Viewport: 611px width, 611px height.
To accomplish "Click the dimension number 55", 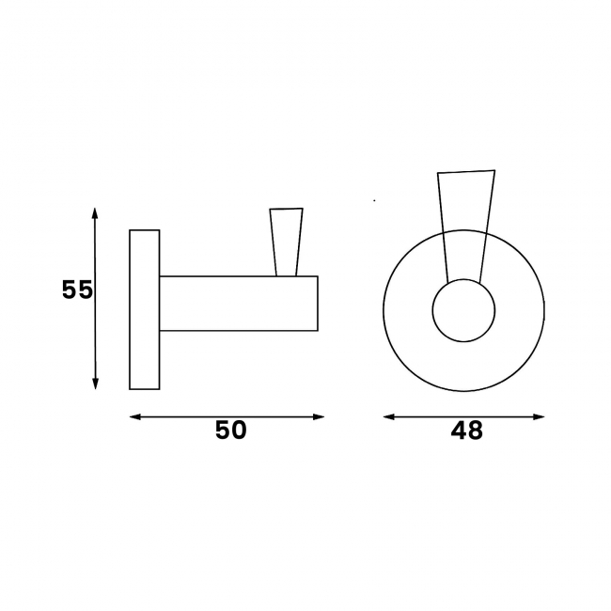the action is click(77, 290).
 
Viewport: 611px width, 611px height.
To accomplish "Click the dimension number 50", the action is click(231, 430).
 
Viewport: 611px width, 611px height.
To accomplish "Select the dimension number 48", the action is click(467, 431).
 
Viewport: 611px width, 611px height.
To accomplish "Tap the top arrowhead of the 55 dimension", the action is click(95, 214).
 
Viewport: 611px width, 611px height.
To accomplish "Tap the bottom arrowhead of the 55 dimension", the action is click(95, 384).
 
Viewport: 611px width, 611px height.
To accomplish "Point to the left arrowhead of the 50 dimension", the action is click(135, 417).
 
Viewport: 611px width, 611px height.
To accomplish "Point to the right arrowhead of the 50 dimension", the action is click(319, 417).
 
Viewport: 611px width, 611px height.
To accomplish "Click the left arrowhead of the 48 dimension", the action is click(389, 417).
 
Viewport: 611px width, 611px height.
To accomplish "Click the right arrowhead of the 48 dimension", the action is click(539, 417).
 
